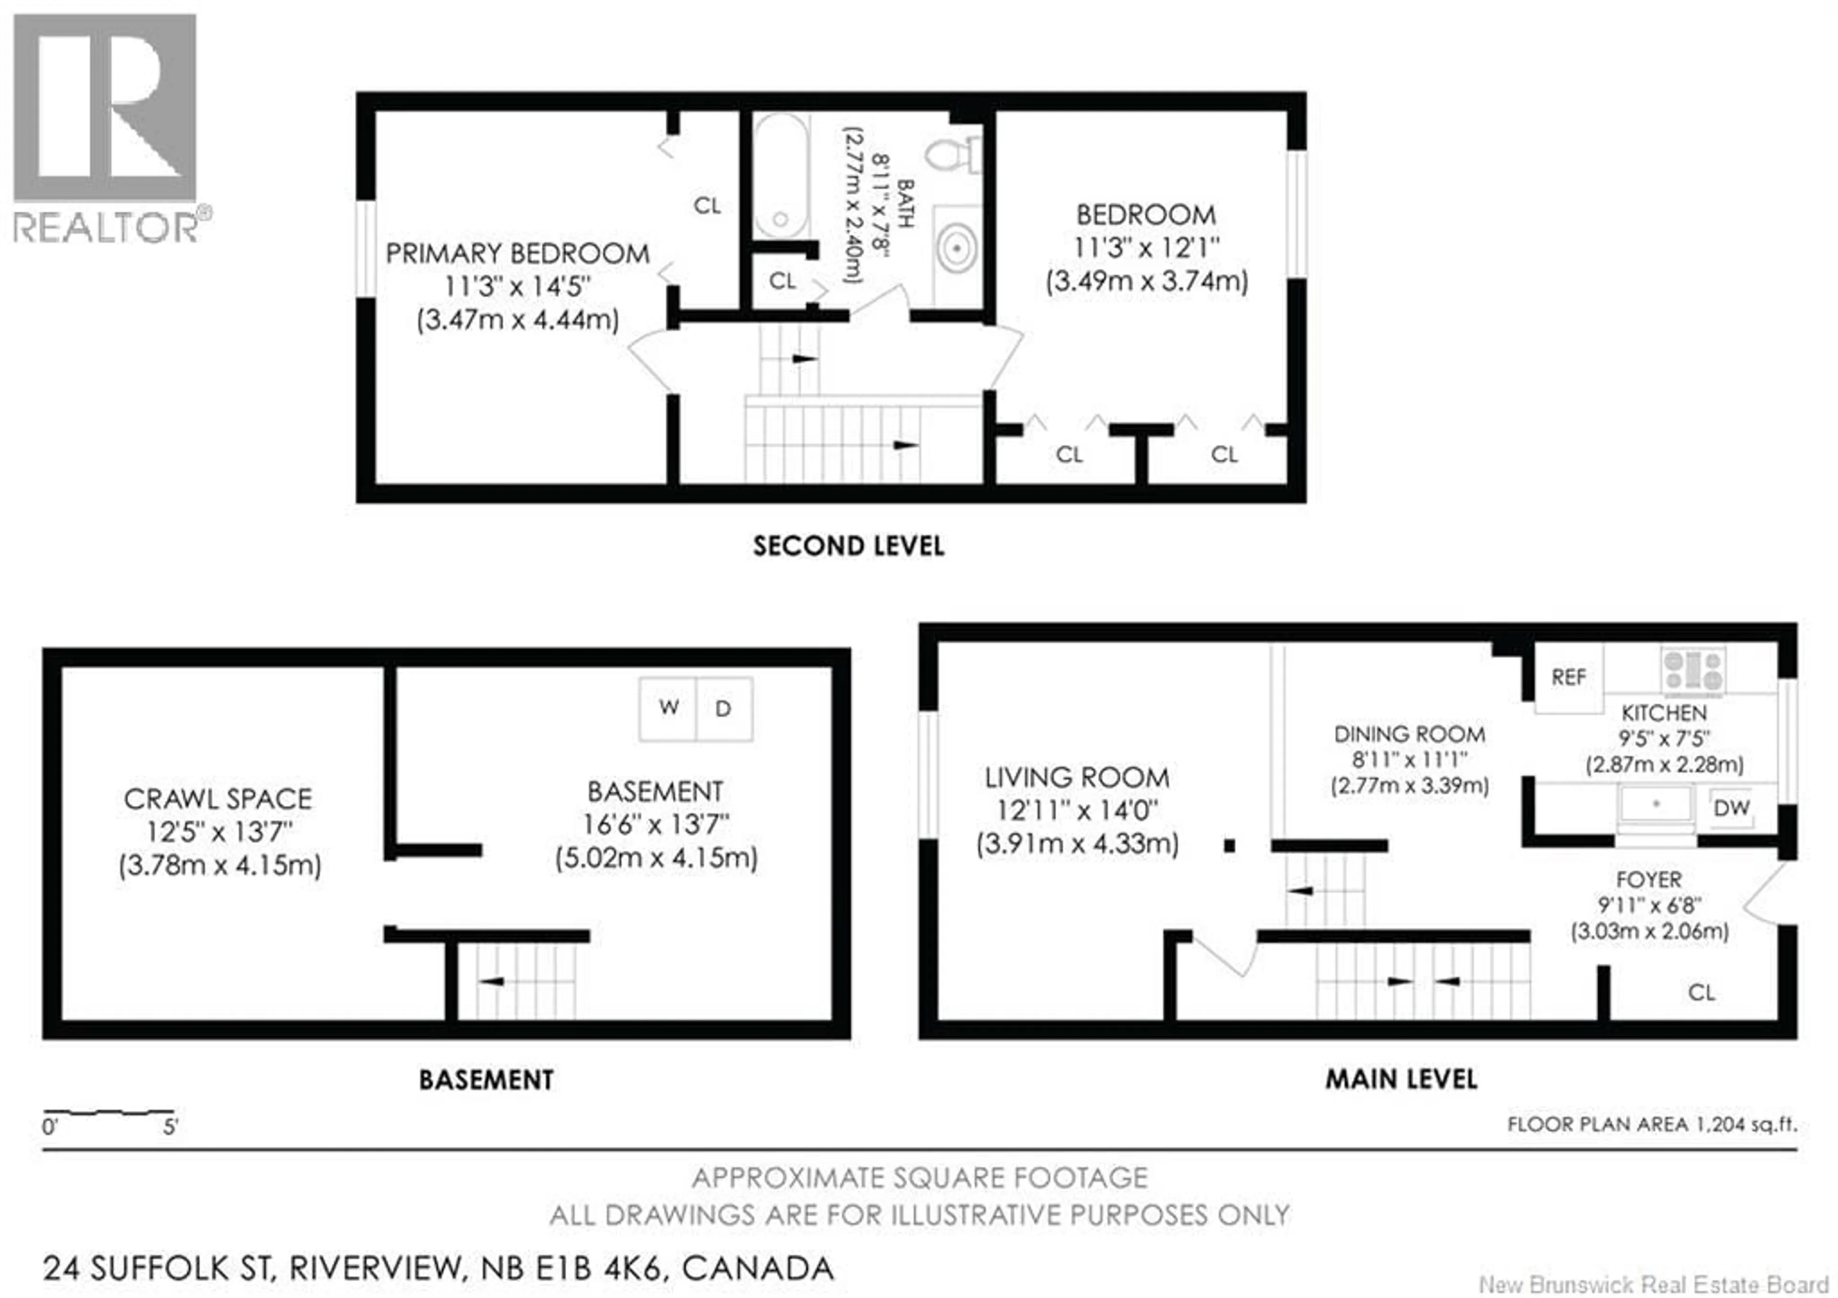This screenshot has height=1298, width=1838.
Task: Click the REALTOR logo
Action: [105, 128]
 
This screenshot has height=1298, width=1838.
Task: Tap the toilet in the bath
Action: [953, 154]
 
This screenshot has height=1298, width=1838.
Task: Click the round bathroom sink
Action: [957, 248]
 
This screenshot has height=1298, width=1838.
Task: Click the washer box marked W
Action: [669, 708]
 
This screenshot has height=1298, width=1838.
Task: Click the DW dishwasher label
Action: [1732, 808]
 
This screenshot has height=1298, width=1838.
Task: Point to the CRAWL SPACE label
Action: [218, 799]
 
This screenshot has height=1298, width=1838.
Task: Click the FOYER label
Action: [1648, 880]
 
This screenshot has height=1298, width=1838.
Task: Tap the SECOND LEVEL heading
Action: [849, 546]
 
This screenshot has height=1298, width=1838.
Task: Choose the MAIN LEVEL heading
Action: [1401, 1079]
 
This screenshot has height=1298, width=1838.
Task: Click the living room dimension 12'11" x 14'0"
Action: [1076, 810]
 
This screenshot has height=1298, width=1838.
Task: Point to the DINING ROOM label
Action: [1409, 734]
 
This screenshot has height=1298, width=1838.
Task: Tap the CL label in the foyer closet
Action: [1701, 993]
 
